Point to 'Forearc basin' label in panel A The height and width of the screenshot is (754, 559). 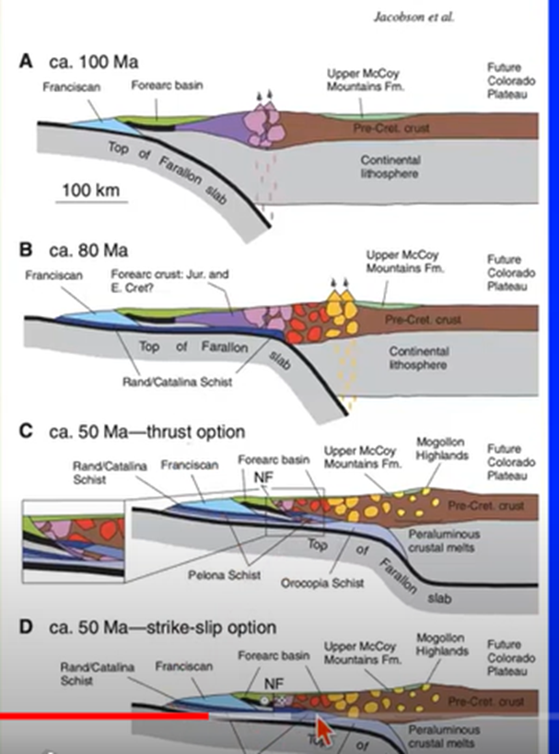167,87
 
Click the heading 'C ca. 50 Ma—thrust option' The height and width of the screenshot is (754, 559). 133,431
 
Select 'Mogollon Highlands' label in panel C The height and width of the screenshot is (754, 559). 443,449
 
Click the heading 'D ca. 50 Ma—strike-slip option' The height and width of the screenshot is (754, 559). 147,628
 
